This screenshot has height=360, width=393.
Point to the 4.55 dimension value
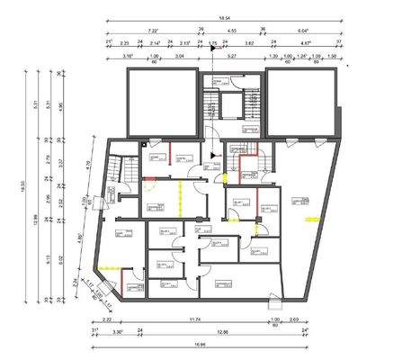[232, 30]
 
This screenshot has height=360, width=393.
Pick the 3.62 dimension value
[250, 42]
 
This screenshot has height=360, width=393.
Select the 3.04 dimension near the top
[179, 55]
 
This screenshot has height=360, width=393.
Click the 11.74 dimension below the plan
[189, 319]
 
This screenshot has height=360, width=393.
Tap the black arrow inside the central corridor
[212, 155]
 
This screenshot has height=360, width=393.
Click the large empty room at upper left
[159, 99]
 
